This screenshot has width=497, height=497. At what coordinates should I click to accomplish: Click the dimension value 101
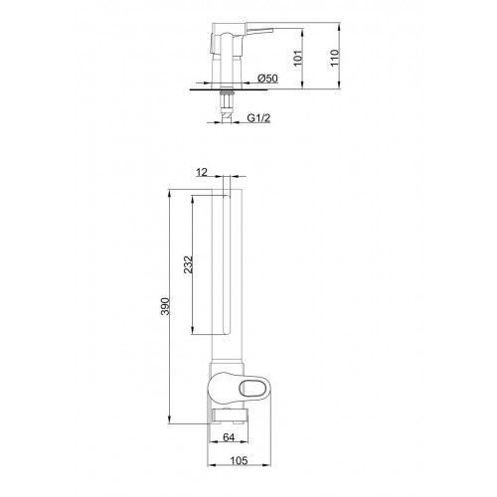298,58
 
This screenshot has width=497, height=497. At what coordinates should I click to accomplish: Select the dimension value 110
335,58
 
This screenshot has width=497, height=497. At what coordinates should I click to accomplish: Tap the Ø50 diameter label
267,79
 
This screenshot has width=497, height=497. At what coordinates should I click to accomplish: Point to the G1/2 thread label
258,118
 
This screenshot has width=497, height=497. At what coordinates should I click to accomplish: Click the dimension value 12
202,172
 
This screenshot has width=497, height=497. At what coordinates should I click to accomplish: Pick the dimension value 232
188,264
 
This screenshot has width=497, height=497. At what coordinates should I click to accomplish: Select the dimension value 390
165,306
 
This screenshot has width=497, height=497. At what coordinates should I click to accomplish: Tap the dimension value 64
229,437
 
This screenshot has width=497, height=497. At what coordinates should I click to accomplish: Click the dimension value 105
239,460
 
